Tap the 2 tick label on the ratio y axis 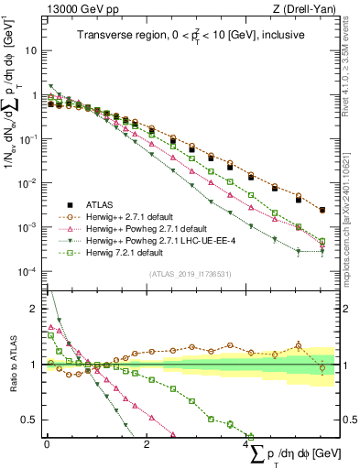tap(34, 308)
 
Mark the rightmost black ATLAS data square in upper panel tap(322, 211)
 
